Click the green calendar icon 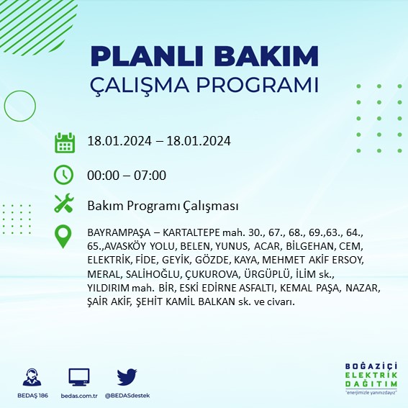point(65,142)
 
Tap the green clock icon point(65,174)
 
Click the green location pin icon point(65,237)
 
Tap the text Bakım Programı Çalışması point(162,207)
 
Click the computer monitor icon point(79,377)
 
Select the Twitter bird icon point(127,377)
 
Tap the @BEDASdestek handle point(127,395)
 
